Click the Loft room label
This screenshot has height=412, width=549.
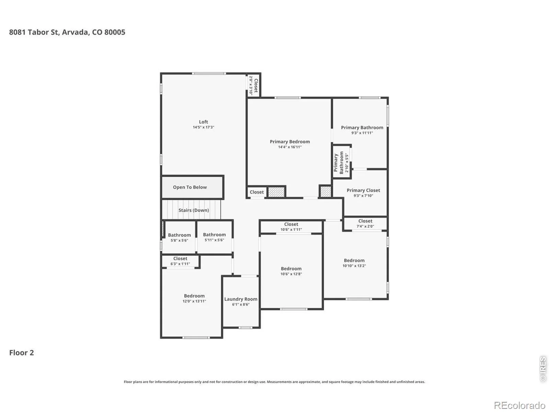pyautogui.click(x=203, y=122)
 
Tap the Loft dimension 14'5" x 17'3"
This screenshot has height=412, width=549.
pyautogui.click(x=203, y=127)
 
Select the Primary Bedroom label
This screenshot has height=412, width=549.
pyautogui.click(x=290, y=141)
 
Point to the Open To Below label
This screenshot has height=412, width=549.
pyautogui.click(x=190, y=187)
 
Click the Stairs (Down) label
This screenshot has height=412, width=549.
pyautogui.click(x=194, y=210)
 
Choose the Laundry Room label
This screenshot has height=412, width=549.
pyautogui.click(x=241, y=299)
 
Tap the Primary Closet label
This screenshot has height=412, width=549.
pyautogui.click(x=363, y=190)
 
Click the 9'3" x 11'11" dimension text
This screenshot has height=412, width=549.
pyautogui.click(x=362, y=133)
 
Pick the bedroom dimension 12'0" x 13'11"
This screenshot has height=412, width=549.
pyautogui.click(x=194, y=301)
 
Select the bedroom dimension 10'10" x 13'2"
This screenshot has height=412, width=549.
pyautogui.click(x=354, y=266)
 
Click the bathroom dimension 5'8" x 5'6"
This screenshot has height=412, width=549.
pyautogui.click(x=179, y=240)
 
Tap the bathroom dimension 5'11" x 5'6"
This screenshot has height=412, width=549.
pyautogui.click(x=214, y=240)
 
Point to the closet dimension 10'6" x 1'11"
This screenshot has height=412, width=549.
pyautogui.click(x=291, y=229)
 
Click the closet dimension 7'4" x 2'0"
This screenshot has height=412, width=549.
pyautogui.click(x=365, y=226)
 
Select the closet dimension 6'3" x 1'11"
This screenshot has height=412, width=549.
pyautogui.click(x=180, y=264)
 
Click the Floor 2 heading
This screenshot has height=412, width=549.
pyautogui.click(x=22, y=353)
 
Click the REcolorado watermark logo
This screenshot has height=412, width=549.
pyautogui.click(x=519, y=405)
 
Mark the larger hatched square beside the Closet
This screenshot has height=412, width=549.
pyautogui.click(x=276, y=192)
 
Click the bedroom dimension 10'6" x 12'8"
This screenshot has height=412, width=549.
pyautogui.click(x=291, y=274)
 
